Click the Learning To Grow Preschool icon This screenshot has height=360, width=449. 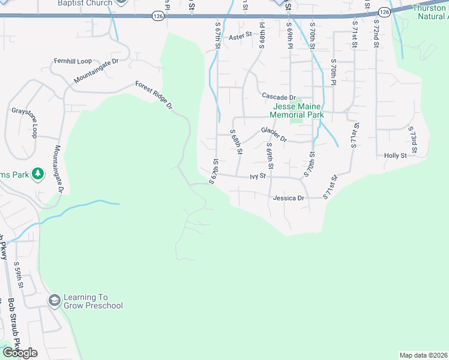click(54, 299)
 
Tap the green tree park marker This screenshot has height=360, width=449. click(38, 173)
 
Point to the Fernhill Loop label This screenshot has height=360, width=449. click(73, 61)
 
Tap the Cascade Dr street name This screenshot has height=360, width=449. click(279, 97)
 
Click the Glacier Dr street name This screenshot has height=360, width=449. click(274, 134)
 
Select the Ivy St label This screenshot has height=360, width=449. click(258, 177)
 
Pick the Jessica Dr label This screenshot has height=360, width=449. click(289, 197)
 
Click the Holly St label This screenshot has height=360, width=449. click(396, 155)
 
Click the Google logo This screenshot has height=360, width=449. click(20, 353)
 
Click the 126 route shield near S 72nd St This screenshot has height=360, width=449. click(385, 11)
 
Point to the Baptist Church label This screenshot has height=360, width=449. click(85, 3)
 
